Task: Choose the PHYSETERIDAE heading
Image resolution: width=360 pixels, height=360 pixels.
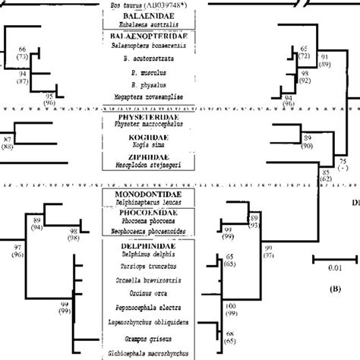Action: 144,119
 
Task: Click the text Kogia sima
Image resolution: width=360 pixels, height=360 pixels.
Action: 144,150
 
